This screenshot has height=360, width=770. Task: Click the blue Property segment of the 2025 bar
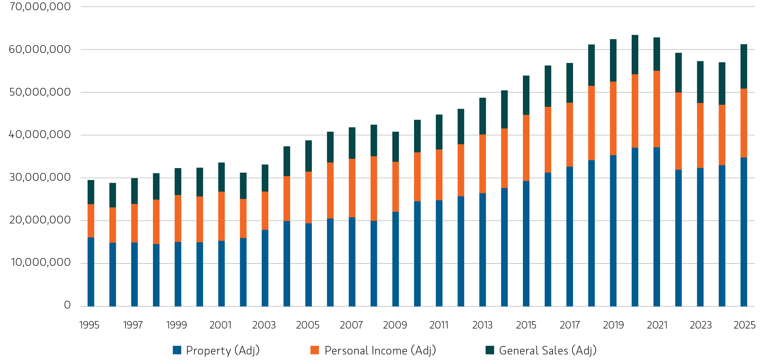pos(744,231)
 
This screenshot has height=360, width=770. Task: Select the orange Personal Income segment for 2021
pos(657,109)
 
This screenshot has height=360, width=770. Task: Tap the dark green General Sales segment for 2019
pos(613,60)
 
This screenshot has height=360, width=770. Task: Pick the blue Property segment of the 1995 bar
pos(91,271)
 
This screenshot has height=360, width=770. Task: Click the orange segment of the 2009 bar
pos(395,187)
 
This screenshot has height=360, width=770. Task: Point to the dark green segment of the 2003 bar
pos(265,178)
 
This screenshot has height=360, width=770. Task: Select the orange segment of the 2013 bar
pos(483,164)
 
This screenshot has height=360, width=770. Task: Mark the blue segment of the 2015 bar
pos(526,243)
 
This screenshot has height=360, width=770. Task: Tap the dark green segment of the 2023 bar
pos(700,82)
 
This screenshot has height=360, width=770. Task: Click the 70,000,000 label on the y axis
pos(40,7)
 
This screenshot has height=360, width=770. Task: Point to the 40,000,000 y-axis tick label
pos(40,134)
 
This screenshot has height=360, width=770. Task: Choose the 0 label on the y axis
pos(67,305)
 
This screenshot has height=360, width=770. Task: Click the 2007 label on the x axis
pos(351,325)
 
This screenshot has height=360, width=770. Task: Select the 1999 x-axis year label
pos(176,325)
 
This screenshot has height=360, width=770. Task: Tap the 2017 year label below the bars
pos(569,325)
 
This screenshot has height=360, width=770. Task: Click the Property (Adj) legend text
pos(223,350)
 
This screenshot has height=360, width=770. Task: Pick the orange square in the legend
pos(315,350)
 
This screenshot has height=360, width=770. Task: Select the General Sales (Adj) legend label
pos(548,350)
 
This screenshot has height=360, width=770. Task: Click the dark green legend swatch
pos(490,350)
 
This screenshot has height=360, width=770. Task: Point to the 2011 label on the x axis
pos(439,325)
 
